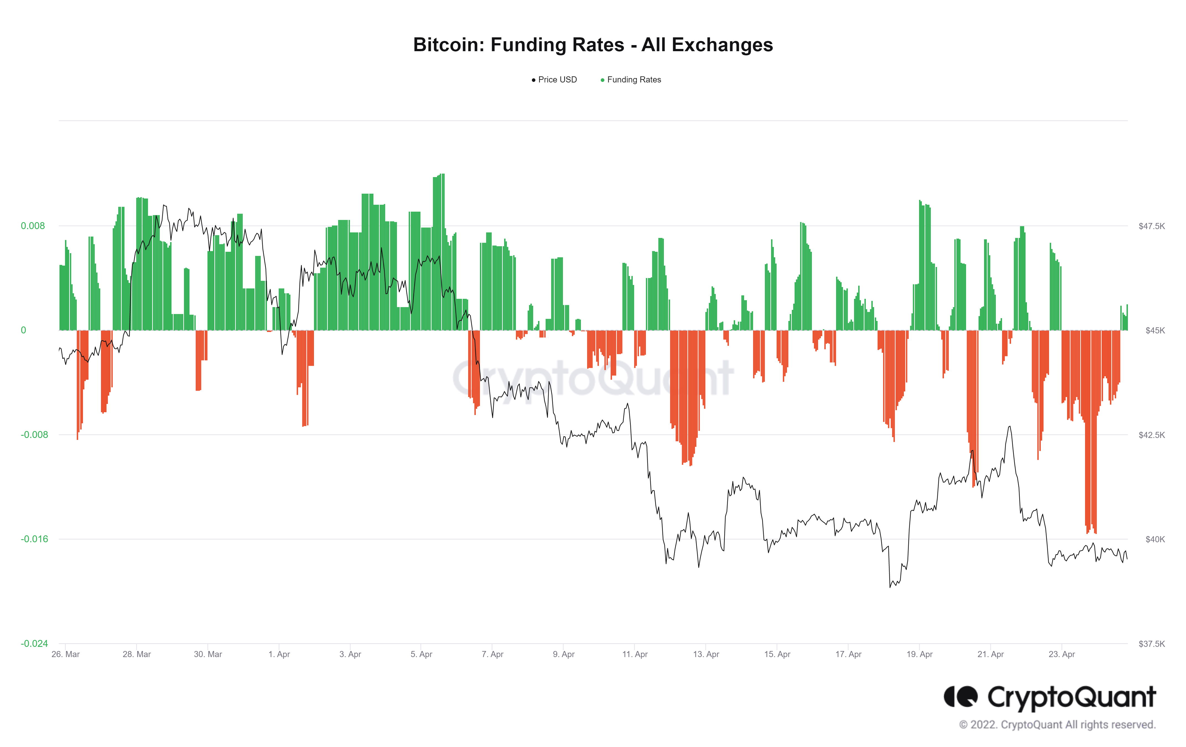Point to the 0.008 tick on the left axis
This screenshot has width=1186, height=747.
click(33, 226)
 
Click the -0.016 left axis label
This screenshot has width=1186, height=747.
click(34, 539)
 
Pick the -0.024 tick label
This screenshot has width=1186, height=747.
click(34, 644)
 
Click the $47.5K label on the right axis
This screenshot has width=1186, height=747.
click(1151, 226)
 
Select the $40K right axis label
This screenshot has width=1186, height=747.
click(1154, 539)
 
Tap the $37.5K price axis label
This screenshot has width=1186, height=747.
click(1151, 644)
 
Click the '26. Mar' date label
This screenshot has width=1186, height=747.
click(66, 654)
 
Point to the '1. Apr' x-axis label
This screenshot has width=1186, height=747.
click(279, 654)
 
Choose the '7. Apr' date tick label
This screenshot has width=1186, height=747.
click(492, 654)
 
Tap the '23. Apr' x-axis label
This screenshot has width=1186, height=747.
click(1062, 654)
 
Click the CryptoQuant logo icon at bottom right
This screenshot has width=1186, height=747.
click(961, 697)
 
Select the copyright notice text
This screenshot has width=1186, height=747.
click(1057, 725)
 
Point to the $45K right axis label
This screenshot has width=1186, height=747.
click(1154, 330)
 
